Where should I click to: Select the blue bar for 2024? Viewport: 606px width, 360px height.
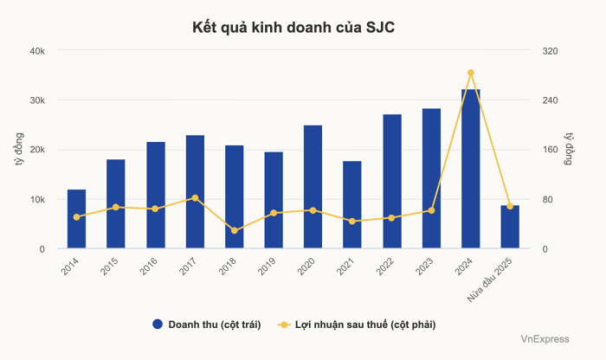coord(470,169)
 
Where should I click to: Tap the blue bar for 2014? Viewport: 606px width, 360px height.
coord(76,219)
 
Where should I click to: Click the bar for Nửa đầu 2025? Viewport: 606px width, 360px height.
coord(510,227)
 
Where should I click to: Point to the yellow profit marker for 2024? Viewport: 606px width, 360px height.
coord(470,73)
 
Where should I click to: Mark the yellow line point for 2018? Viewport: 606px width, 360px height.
coord(234,230)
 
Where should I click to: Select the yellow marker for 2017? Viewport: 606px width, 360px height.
coord(195,198)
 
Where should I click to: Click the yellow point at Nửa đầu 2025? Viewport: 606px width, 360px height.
coord(510,206)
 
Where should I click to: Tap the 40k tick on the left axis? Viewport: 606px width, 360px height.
coord(38,51)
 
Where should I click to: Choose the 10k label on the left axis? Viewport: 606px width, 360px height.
coord(38,200)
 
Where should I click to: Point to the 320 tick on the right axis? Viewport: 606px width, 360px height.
coord(551,51)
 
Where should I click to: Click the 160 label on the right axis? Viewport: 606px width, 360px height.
coord(551,150)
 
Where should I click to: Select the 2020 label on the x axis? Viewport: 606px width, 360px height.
coord(306,267)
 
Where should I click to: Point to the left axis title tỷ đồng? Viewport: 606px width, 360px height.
coord(18,150)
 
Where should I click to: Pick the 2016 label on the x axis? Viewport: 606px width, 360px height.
coord(148,267)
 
